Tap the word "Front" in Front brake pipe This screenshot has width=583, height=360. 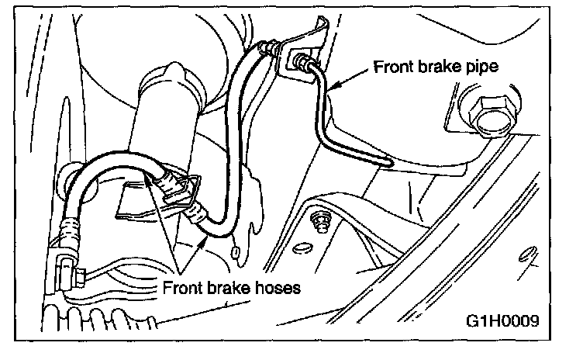(393, 67)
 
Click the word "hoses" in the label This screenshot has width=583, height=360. (273, 288)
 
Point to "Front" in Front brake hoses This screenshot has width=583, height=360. (185, 288)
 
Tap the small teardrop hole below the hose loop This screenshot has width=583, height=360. (235, 251)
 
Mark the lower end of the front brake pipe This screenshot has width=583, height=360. (385, 162)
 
